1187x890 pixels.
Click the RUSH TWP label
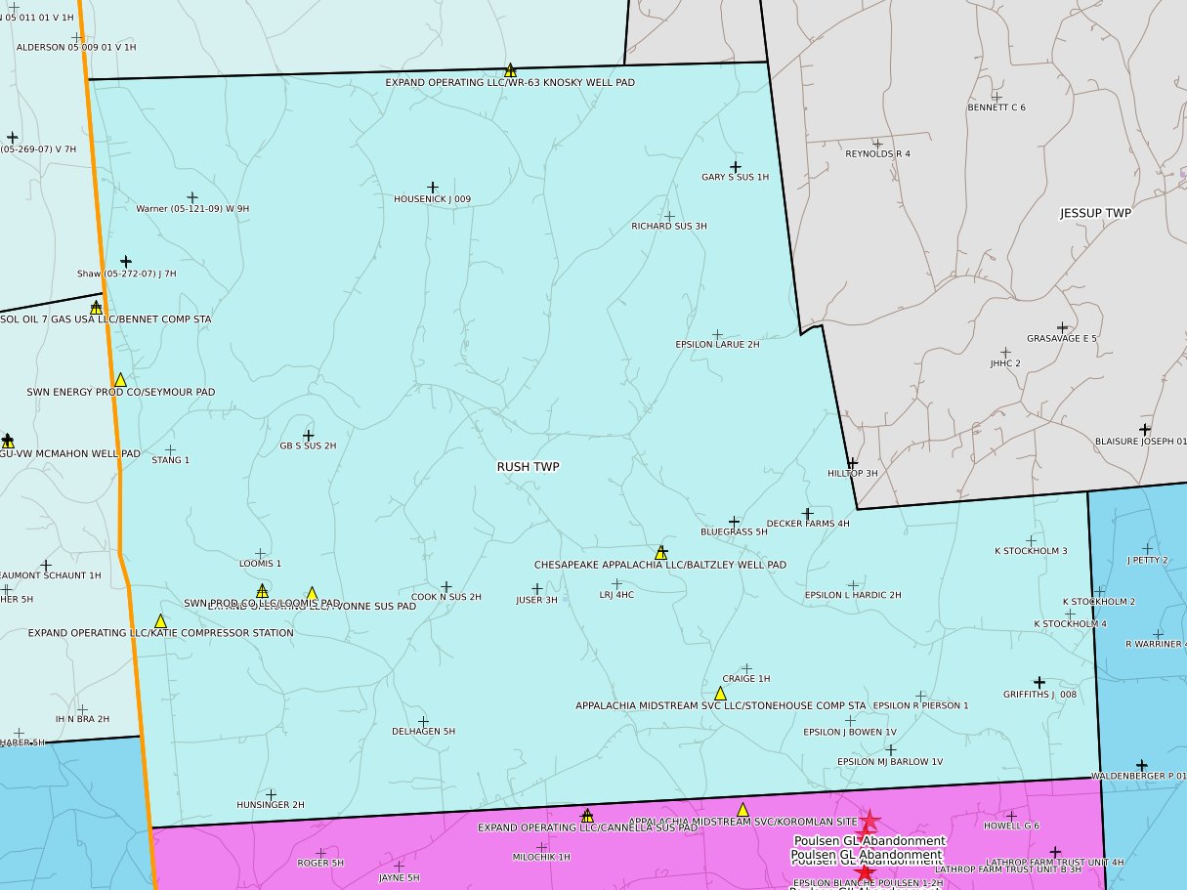[x=529, y=467]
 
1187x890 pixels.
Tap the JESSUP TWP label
[x=1095, y=213]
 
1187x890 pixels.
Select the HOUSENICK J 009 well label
[x=432, y=199]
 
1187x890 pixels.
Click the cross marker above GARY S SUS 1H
[x=736, y=167]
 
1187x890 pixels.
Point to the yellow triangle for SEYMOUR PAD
[x=120, y=380]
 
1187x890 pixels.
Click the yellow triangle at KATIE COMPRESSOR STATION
[x=160, y=621]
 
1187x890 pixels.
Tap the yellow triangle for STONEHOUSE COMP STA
[x=720, y=694]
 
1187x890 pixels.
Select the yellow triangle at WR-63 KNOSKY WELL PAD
[x=510, y=70]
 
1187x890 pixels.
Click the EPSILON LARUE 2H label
[x=717, y=345]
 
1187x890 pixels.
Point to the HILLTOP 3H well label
[x=853, y=473]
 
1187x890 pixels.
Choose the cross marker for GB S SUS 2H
[x=309, y=436]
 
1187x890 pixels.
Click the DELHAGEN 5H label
[x=423, y=731]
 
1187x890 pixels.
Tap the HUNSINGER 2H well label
[x=271, y=805]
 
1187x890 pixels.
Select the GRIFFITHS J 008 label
[x=1039, y=695]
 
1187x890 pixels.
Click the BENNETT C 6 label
[x=996, y=107]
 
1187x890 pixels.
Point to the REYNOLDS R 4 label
[x=877, y=154]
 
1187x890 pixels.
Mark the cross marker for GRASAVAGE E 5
[x=1062, y=327]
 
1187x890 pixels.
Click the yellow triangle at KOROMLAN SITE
[x=742, y=810]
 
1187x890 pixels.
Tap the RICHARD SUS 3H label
[x=669, y=227]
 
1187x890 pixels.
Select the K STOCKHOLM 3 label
[x=1031, y=551]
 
